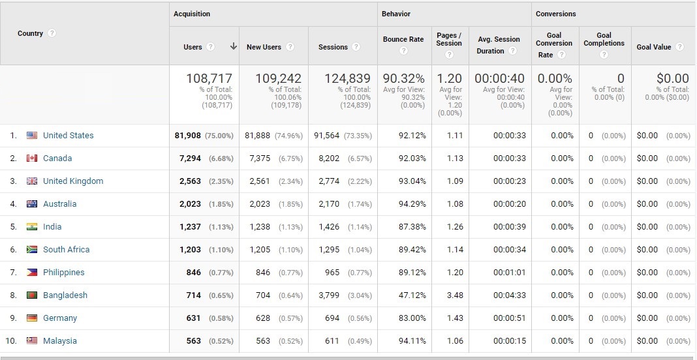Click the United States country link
click(x=68, y=136)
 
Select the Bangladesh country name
click(x=65, y=295)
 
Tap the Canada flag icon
click(x=32, y=158)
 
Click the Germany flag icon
click(x=32, y=318)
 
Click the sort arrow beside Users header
click(x=233, y=46)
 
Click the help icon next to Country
click(x=52, y=33)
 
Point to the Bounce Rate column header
click(x=403, y=39)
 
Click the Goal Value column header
click(x=653, y=47)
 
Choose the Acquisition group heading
click(x=192, y=14)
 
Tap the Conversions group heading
click(x=556, y=14)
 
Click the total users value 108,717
click(x=209, y=78)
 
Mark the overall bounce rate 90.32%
click(x=403, y=78)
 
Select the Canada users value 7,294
click(x=190, y=158)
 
